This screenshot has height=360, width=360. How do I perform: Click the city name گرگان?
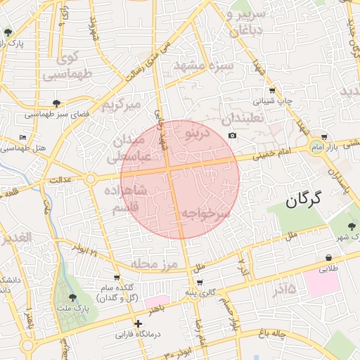click(303, 200)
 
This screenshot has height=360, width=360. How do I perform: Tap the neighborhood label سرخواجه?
click(205, 212)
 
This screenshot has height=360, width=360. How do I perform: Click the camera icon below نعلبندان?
click(232, 135)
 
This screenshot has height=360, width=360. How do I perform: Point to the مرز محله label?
click(151, 264)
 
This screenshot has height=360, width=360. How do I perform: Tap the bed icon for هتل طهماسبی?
click(23, 137)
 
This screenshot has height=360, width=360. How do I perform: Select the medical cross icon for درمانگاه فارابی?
click(138, 324)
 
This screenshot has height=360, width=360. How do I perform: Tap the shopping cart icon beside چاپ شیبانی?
click(272, 90)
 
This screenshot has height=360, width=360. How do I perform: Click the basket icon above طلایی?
click(329, 257)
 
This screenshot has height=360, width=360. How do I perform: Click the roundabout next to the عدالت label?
click(90, 180)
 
